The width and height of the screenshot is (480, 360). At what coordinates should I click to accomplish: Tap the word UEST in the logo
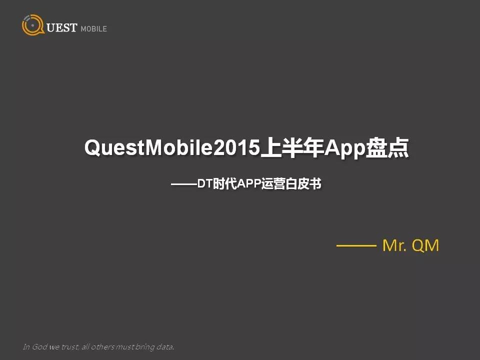point(61,27)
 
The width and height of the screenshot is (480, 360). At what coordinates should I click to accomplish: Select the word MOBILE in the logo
point(93,29)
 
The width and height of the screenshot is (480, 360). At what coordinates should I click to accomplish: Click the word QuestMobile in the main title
point(148,147)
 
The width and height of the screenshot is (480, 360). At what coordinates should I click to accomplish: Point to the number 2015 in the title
point(236,147)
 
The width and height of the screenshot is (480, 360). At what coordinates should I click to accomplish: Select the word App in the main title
point(345,149)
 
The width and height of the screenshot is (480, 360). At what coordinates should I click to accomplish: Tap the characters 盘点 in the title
point(387,147)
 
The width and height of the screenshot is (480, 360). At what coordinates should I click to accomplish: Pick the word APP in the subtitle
point(249,183)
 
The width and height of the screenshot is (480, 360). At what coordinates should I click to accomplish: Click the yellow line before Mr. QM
point(356,245)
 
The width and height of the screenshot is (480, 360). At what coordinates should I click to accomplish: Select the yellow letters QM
point(425,245)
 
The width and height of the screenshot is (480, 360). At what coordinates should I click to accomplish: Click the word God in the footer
point(39,346)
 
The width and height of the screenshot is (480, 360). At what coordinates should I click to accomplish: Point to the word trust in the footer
point(70,347)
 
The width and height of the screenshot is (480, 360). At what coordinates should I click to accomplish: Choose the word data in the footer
point(165,347)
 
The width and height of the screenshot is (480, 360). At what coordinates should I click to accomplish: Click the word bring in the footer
point(145,347)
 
